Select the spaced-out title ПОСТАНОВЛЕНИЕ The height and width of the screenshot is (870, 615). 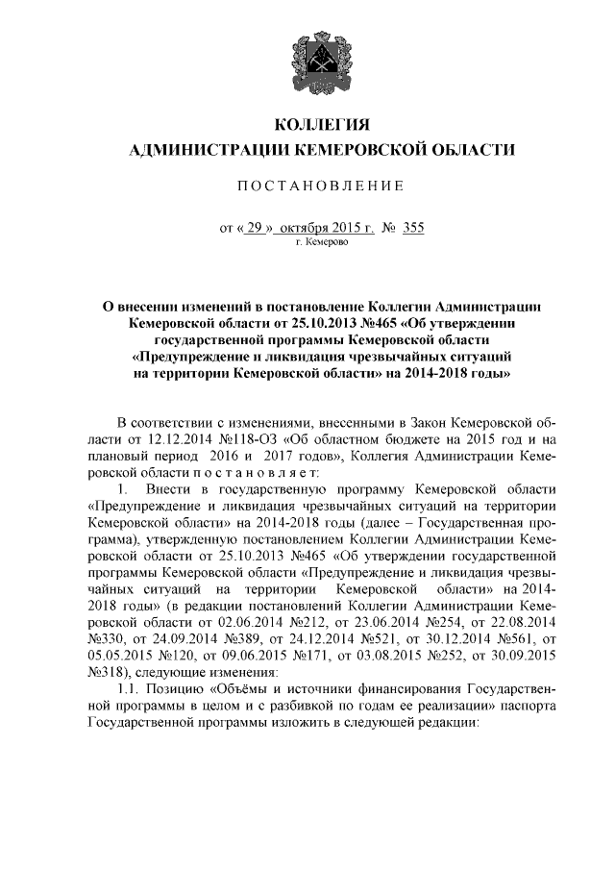307,185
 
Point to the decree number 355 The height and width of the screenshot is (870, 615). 414,228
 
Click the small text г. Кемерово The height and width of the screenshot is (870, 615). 322,243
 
